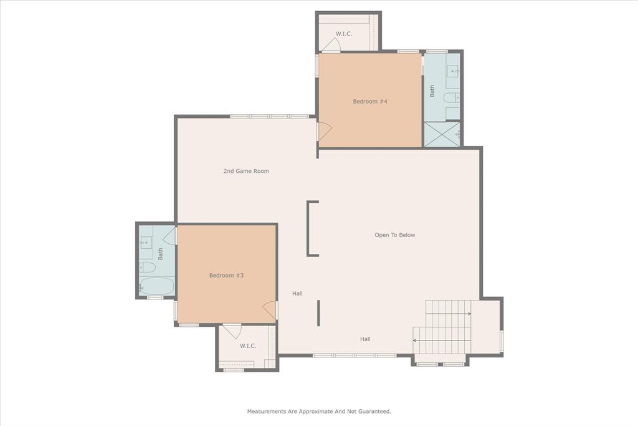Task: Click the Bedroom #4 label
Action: point(370,101)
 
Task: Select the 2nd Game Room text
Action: point(246,171)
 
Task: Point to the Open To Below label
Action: point(394,235)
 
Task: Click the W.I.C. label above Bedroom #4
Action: point(344,34)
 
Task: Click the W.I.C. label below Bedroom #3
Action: point(248,346)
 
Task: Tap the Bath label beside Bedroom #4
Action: point(432,91)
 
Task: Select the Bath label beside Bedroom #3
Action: point(160,254)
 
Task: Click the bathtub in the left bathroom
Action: point(156,286)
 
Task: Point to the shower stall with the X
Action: point(442,134)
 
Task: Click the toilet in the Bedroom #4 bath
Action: point(450,97)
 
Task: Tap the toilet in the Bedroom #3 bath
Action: point(147,268)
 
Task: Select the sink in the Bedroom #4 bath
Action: point(452,70)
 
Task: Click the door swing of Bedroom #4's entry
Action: point(325,131)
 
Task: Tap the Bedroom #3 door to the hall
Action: point(270,310)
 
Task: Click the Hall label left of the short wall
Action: point(297,293)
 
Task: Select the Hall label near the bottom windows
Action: point(365,339)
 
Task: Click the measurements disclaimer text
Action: point(319,411)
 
